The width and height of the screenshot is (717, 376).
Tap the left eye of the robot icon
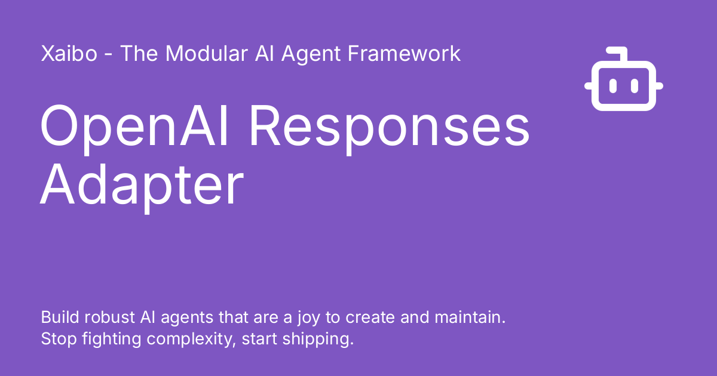612,87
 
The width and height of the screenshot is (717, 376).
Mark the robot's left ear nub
589,87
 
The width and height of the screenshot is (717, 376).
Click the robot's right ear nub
659,87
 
